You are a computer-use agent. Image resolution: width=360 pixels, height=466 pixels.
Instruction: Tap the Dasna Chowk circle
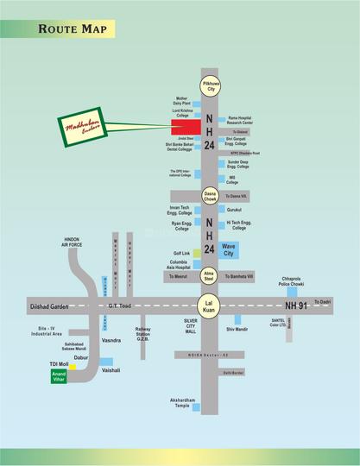210,197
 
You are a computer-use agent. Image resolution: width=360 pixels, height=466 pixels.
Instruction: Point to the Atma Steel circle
209,276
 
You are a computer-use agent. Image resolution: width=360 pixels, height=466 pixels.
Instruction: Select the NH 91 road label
298,305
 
